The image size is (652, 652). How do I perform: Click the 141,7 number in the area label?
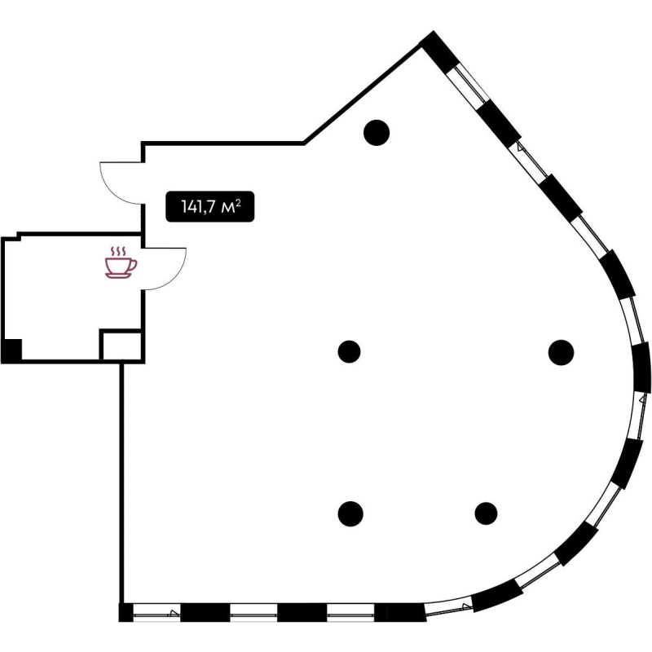(198, 207)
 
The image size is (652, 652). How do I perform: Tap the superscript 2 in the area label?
(238, 202)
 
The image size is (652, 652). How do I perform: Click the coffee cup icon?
(120, 262)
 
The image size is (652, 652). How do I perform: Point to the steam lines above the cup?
(118, 252)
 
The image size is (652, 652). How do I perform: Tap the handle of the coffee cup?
(133, 264)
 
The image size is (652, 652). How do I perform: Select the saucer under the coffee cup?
(118, 275)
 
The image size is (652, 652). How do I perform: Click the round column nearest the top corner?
(377, 133)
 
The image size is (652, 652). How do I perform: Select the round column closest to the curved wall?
(561, 352)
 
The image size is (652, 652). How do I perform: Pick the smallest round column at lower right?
(486, 513)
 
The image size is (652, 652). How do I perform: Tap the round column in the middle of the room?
(349, 351)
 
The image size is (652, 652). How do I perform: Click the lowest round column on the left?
(350, 513)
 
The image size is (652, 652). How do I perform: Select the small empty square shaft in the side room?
(121, 345)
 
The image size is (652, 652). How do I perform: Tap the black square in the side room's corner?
(11, 350)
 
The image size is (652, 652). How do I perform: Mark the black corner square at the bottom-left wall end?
(126, 612)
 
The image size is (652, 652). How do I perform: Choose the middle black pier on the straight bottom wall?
(302, 613)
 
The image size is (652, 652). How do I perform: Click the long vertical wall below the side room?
(121, 482)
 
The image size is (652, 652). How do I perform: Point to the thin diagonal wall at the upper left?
(362, 94)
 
